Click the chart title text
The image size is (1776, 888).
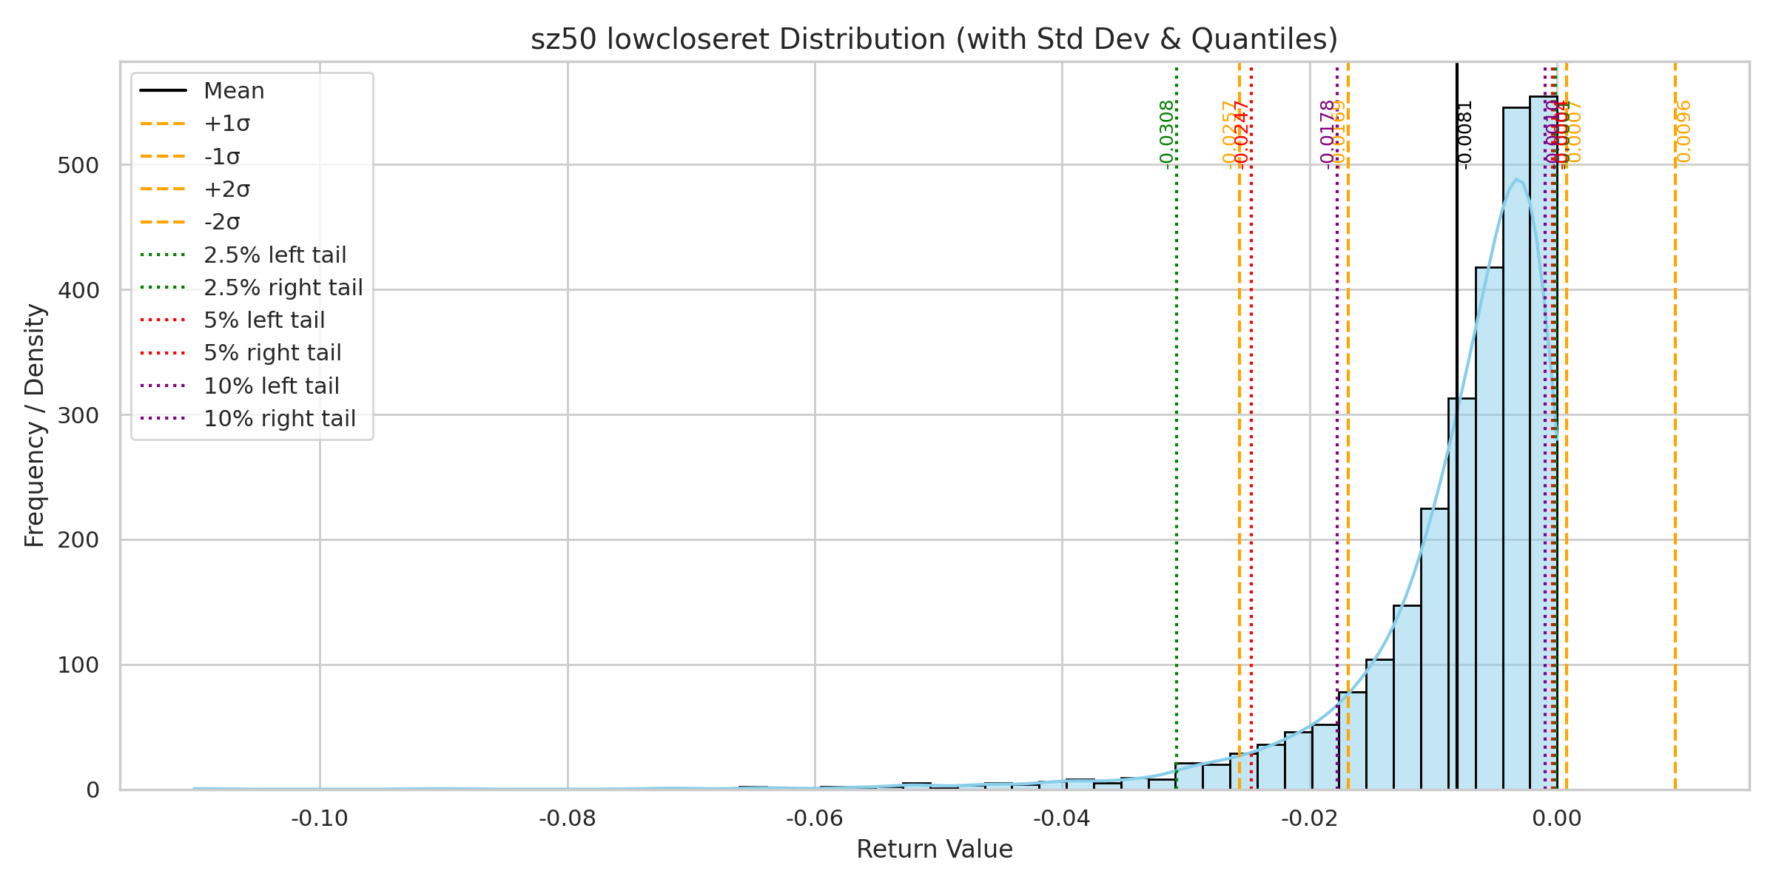click(934, 39)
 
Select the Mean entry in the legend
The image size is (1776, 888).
click(234, 91)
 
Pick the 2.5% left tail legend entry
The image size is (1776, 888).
click(275, 255)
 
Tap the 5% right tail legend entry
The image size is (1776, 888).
click(272, 353)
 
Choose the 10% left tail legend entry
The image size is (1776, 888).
click(271, 386)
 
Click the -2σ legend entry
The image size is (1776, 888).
click(222, 222)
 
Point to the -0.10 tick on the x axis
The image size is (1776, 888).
click(320, 818)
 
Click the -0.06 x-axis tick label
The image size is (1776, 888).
click(814, 818)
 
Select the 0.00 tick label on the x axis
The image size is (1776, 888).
click(1557, 818)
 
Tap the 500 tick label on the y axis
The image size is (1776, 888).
click(78, 166)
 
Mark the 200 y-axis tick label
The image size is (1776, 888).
click(78, 540)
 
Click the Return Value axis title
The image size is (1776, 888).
click(934, 850)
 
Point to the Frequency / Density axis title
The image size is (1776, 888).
click(35, 425)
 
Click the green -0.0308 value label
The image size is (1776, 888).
click(1166, 135)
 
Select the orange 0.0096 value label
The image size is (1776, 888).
click(1683, 131)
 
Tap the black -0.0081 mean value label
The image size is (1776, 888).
click(1464, 135)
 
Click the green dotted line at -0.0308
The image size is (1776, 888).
click(1176, 444)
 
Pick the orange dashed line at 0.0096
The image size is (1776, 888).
click(1675, 444)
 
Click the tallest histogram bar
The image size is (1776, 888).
click(1543, 444)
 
